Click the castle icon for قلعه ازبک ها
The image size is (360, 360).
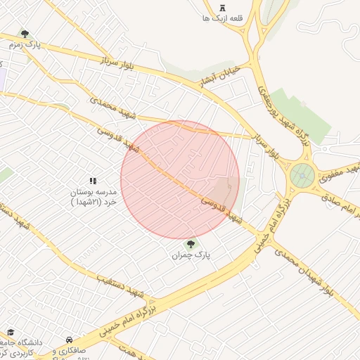(x=223, y=7)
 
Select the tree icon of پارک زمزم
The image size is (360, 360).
(x=25, y=34)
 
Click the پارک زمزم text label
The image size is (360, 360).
(x=25, y=44)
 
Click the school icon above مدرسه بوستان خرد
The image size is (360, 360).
(x=93, y=181)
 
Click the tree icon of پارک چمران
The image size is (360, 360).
(x=191, y=244)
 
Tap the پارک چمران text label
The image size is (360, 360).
(x=191, y=255)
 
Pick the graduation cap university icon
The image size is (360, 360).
(x=11, y=331)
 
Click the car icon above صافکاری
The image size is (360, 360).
(x=69, y=339)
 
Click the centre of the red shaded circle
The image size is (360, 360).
(x=180, y=180)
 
